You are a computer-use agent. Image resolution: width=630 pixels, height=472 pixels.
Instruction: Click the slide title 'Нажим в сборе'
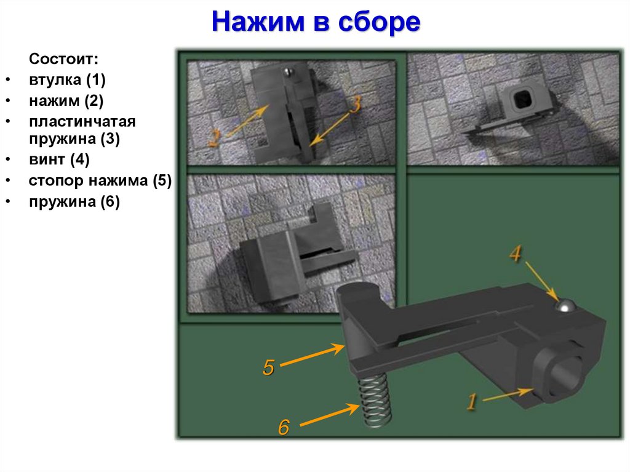click(316, 23)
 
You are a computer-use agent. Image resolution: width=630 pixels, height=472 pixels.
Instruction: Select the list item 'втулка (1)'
click(67, 80)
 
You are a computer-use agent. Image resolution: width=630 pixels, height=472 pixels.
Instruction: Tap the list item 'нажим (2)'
click(65, 100)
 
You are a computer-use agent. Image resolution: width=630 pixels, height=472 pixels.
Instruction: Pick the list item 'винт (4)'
click(59, 161)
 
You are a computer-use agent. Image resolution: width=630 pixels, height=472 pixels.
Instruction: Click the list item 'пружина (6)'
click(74, 201)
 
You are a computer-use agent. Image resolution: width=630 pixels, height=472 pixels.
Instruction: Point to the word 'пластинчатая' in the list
click(81, 121)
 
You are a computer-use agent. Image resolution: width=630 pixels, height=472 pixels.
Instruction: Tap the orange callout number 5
click(268, 367)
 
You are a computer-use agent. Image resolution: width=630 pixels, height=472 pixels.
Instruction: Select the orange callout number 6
click(283, 427)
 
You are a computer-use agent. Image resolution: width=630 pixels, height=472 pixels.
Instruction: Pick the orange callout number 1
click(471, 402)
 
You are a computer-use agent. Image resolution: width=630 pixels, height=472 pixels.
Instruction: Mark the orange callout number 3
click(354, 105)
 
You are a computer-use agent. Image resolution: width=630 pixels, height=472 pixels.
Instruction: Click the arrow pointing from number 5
click(314, 356)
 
